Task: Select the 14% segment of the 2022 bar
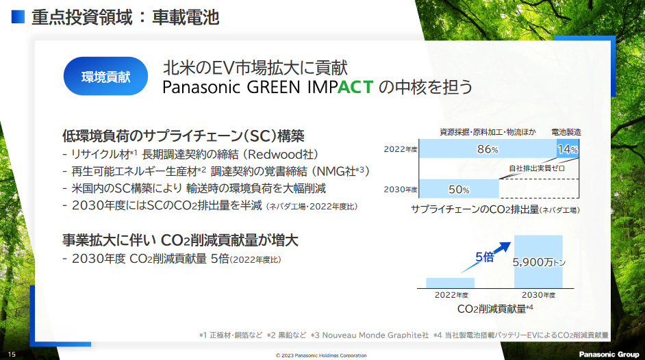[568, 149]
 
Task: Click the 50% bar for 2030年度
[459, 189]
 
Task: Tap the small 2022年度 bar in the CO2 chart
[450, 283]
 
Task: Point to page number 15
[12, 355]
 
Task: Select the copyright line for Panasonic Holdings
[321, 355]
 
